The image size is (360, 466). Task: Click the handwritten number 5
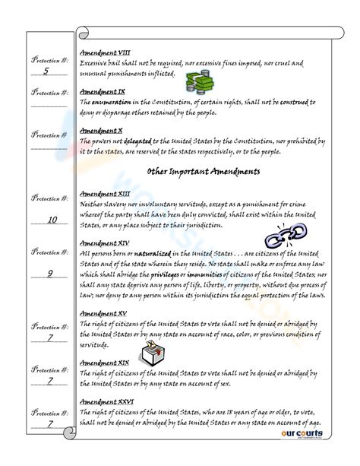coord(46,71)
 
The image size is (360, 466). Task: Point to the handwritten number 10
coord(51,220)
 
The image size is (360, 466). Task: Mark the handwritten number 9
coord(49,272)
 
